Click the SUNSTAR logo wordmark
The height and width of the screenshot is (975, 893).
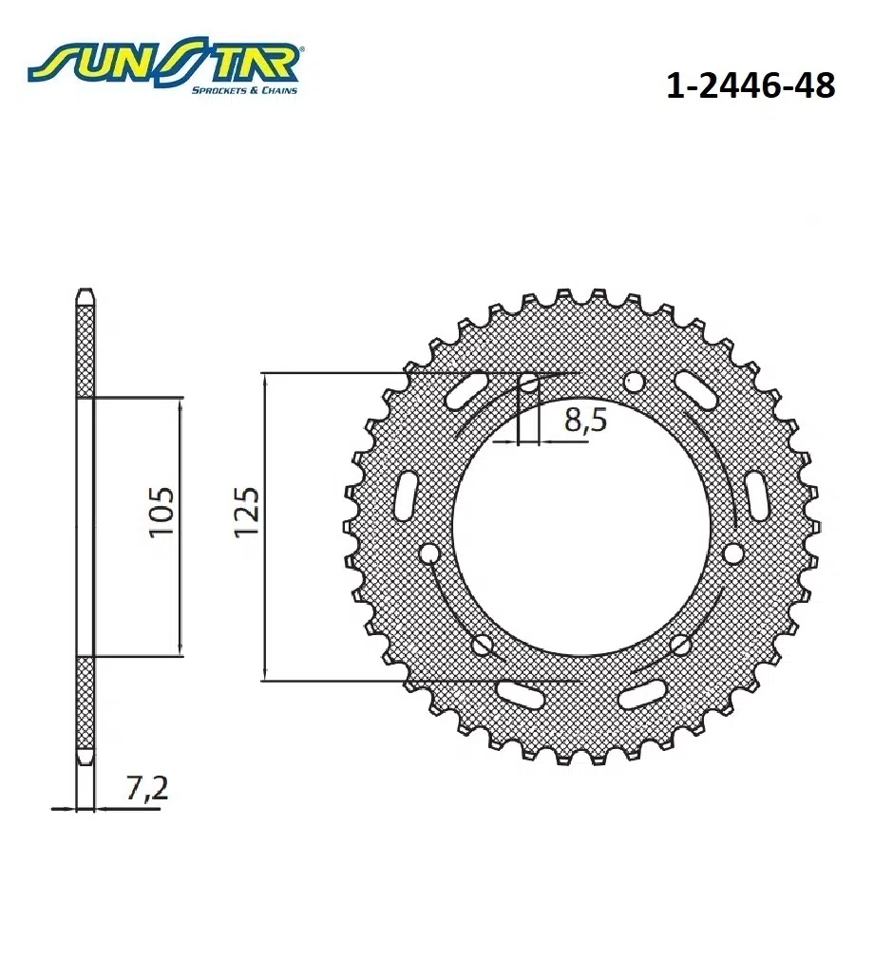(161, 65)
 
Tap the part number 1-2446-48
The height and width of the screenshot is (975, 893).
(750, 86)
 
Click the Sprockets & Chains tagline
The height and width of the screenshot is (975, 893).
(244, 90)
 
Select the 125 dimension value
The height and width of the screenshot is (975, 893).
(246, 513)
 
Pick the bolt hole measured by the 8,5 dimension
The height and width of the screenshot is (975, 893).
(528, 383)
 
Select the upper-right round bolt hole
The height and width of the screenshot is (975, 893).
(633, 383)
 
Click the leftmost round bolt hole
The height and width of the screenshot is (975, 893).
(428, 553)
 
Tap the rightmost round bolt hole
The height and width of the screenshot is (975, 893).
(731, 553)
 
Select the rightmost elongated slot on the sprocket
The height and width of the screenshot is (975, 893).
(757, 495)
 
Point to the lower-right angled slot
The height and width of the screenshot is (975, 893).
(642, 696)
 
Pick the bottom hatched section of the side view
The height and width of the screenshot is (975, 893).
(85, 707)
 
